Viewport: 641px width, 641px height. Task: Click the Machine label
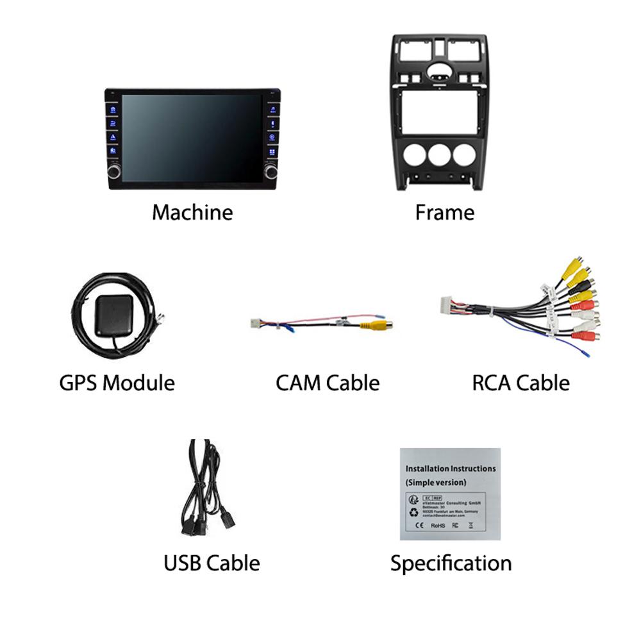click(x=192, y=212)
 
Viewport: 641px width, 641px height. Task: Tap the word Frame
click(x=445, y=212)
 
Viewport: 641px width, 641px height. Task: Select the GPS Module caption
click(x=117, y=383)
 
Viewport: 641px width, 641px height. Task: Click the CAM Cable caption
click(x=328, y=383)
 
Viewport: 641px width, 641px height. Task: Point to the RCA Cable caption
click(x=520, y=383)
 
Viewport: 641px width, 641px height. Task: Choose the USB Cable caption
click(x=212, y=563)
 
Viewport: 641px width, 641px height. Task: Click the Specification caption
click(x=451, y=563)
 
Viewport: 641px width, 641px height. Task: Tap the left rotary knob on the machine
click(x=114, y=171)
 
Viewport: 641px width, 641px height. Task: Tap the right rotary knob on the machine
click(x=271, y=171)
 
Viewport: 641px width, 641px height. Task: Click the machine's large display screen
click(x=192, y=138)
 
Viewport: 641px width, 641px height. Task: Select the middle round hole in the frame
click(x=440, y=155)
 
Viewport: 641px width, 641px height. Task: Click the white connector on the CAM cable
click(x=255, y=322)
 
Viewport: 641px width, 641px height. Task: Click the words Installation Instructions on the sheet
click(x=451, y=469)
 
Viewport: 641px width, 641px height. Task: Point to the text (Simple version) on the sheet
click(x=436, y=482)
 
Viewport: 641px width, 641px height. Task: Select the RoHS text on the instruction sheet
click(x=438, y=526)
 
